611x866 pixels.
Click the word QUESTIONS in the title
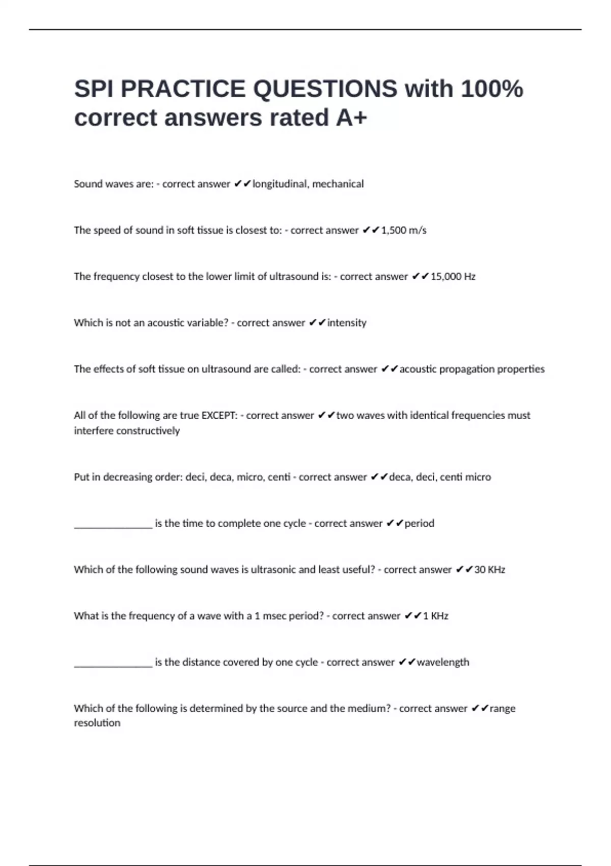[325, 89]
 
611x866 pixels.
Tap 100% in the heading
[492, 89]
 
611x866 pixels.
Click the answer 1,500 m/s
[404, 230]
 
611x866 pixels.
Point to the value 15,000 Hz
[453, 277]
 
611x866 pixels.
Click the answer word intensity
[347, 323]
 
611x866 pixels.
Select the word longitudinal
[280, 184]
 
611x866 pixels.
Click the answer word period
[420, 523]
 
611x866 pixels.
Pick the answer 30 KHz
[489, 570]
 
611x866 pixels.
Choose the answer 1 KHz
[435, 616]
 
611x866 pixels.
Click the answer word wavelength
[443, 662]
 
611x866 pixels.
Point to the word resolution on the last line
[97, 723]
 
